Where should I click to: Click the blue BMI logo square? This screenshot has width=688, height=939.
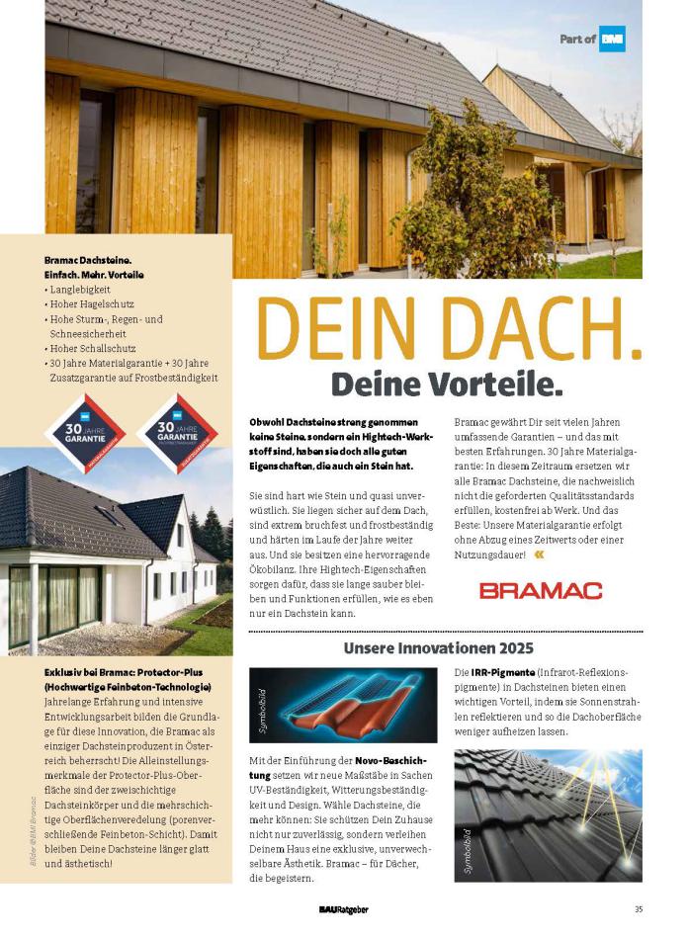[x=612, y=39]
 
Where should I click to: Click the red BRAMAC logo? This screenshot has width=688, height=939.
[x=541, y=590]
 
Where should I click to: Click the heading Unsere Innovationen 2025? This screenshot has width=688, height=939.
[x=439, y=648]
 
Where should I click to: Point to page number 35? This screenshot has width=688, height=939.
[x=639, y=909]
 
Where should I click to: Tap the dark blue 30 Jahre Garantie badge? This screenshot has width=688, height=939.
[x=178, y=432]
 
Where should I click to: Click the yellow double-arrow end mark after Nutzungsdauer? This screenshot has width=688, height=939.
[x=538, y=555]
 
